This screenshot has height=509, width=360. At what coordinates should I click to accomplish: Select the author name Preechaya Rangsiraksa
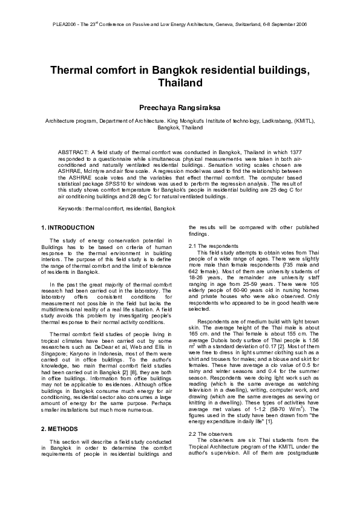pos(180,108)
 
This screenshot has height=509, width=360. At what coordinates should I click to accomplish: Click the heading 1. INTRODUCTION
pos(67,227)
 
